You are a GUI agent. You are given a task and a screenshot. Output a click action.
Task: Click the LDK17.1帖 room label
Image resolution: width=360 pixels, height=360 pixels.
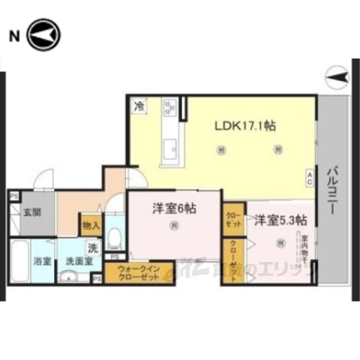click(x=244, y=127)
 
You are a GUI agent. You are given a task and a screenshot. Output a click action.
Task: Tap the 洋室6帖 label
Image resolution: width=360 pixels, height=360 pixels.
click(x=175, y=210)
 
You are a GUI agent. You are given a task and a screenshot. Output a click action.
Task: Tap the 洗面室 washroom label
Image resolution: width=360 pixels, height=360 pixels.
click(x=78, y=262)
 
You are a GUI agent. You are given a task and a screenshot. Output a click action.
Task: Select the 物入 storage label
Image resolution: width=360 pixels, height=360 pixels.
click(x=91, y=224)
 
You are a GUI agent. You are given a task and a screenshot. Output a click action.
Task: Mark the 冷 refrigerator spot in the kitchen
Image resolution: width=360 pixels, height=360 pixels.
click(x=139, y=106)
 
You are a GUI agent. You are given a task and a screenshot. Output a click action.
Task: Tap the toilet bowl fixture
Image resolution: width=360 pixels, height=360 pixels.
click(x=115, y=238)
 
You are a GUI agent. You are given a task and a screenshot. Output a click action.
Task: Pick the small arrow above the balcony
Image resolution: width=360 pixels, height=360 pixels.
click(x=337, y=74)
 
